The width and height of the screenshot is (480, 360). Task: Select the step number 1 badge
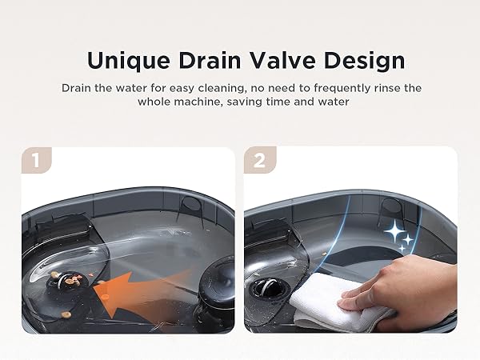(34, 161)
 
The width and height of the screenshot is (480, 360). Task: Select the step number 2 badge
(258, 161)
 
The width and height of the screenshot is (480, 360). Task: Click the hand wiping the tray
(400, 288)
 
